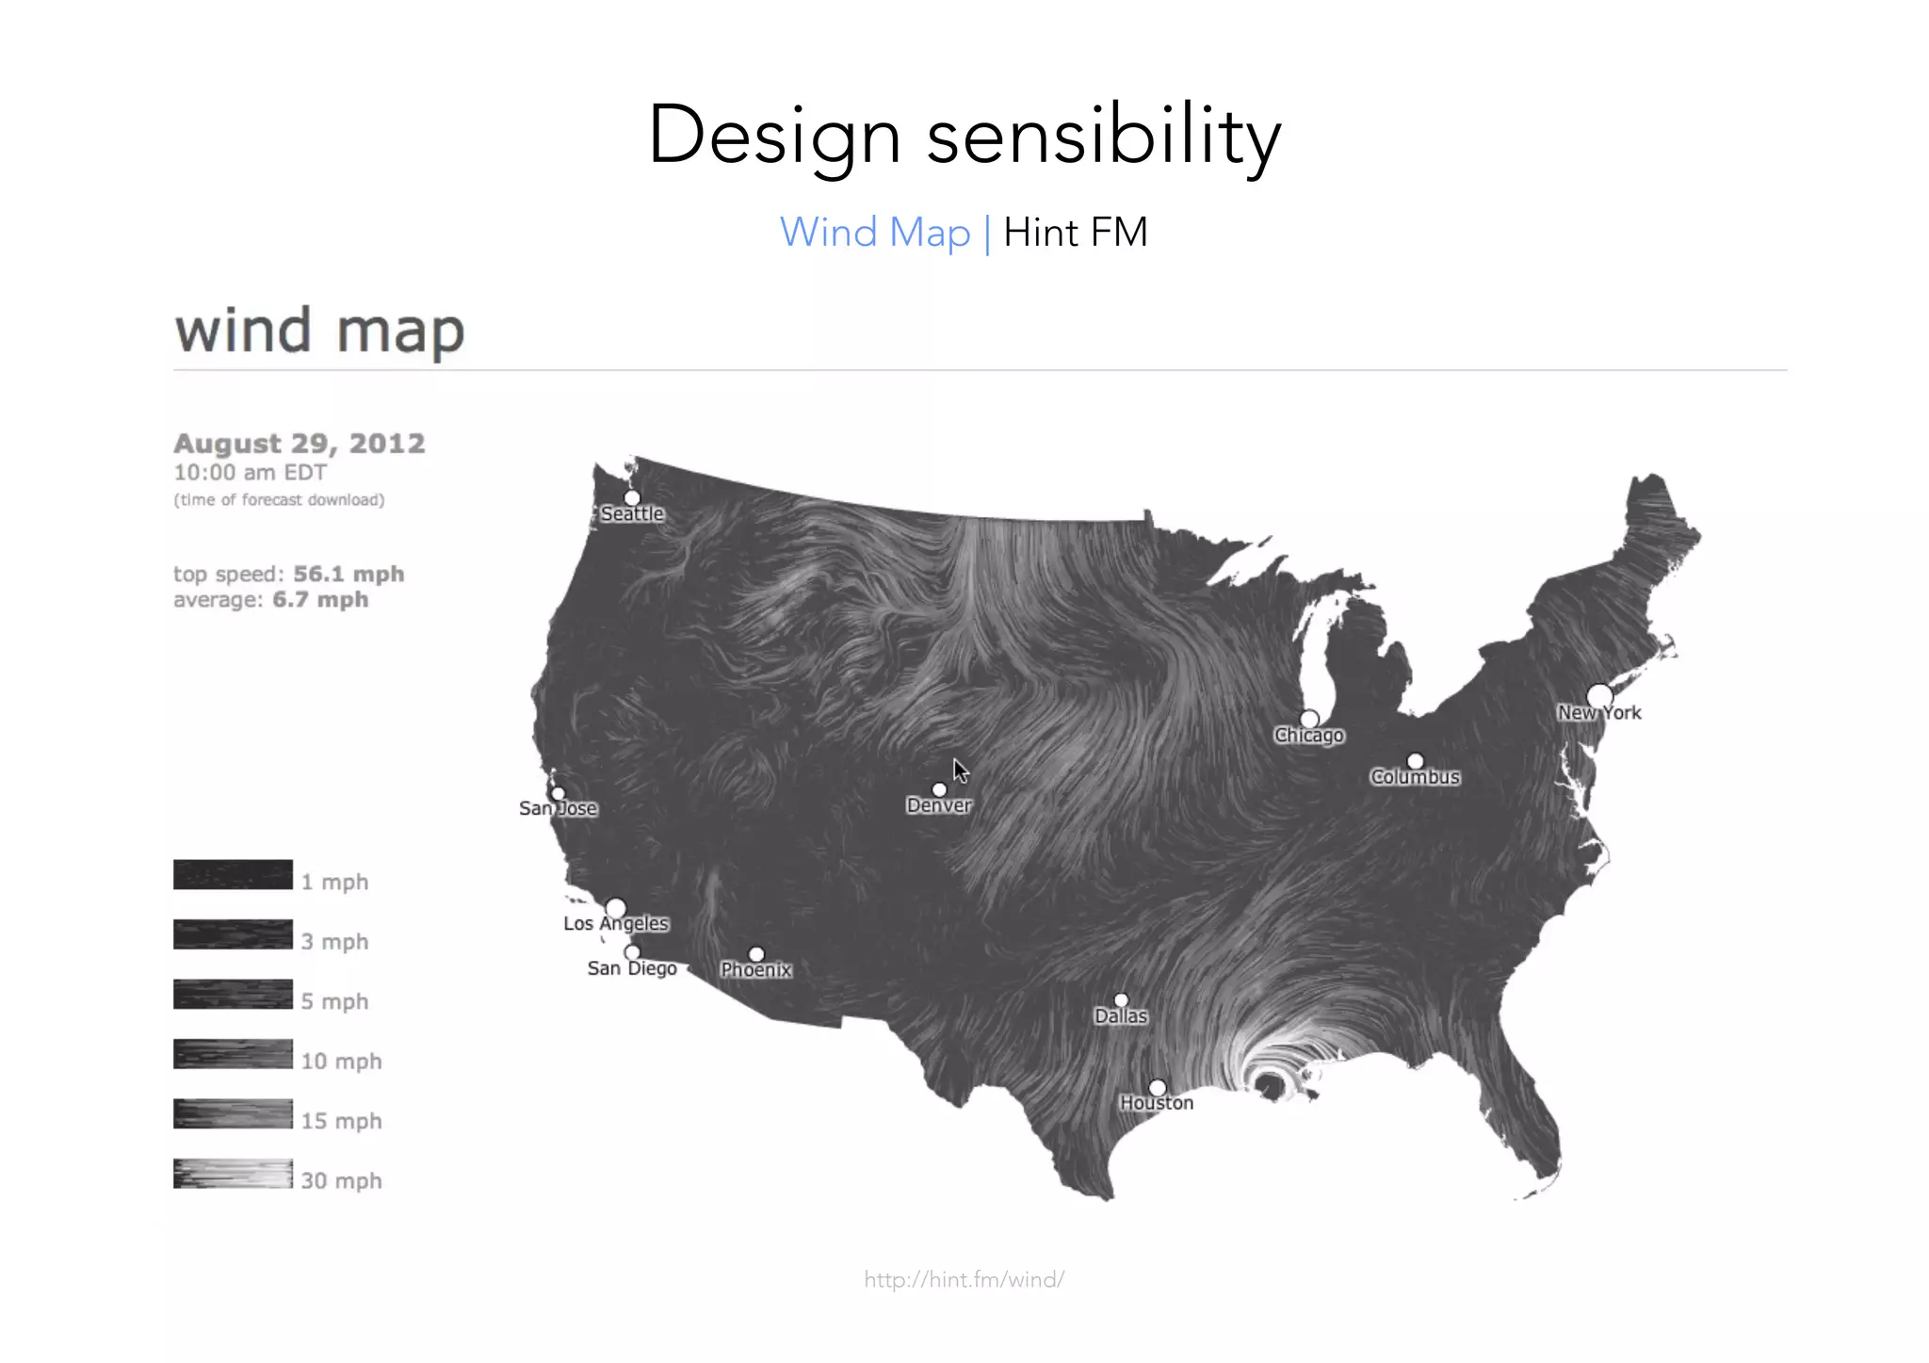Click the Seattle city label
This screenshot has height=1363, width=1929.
tap(632, 514)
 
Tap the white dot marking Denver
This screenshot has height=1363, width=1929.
tap(939, 789)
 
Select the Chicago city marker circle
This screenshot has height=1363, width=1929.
tap(1309, 719)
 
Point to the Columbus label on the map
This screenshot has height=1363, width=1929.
tap(1415, 777)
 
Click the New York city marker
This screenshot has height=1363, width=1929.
tap(1599, 696)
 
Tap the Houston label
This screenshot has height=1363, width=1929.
tap(1156, 1103)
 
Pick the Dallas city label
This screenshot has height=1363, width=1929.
tap(1121, 1016)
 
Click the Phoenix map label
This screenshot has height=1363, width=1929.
tap(756, 970)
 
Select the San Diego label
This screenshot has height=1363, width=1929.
tap(632, 969)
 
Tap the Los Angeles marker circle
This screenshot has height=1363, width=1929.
tap(615, 908)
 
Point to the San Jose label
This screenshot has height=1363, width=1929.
tap(558, 809)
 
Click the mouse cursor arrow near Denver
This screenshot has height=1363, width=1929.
tap(960, 771)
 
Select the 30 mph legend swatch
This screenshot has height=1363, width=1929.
tap(233, 1174)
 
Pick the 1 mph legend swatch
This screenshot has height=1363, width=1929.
tap(233, 874)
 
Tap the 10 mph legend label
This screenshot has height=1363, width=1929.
tap(341, 1062)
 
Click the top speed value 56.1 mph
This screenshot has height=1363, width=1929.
tap(349, 575)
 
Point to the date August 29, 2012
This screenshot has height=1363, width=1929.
tap(300, 444)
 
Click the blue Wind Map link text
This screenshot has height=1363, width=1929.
tap(874, 233)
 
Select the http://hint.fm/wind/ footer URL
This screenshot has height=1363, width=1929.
tap(964, 1279)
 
